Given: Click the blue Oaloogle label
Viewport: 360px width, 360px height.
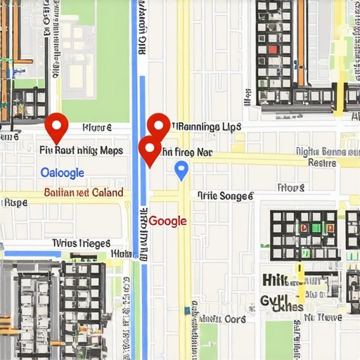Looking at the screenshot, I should tap(62, 173).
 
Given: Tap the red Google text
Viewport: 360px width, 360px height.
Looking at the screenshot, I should tap(167, 221).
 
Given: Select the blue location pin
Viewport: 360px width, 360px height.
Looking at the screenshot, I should tap(181, 169).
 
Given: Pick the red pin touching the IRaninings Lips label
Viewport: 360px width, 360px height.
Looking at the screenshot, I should tap(158, 127).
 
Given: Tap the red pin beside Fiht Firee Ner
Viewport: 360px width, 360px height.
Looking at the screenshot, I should tap(149, 150).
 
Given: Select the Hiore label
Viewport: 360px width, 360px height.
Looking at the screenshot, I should tap(96, 128).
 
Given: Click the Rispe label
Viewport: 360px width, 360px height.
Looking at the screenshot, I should tap(14, 203).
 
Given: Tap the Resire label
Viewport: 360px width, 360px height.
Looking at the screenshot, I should tap(323, 162).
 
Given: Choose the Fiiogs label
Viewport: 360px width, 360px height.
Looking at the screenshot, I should tap(290, 188).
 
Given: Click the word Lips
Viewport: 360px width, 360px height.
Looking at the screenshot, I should tap(231, 127).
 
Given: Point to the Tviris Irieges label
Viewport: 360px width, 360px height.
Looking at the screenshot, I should tap(81, 243).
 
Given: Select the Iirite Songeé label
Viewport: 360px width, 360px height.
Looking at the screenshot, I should tap(224, 196).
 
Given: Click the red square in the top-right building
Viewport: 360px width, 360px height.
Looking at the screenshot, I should tap(273, 50).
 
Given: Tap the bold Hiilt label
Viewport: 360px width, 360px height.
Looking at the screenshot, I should tap(280, 280).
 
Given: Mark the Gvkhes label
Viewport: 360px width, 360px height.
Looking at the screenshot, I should tap(281, 305).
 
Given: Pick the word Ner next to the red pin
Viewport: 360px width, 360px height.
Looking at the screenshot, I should tap(204, 151).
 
